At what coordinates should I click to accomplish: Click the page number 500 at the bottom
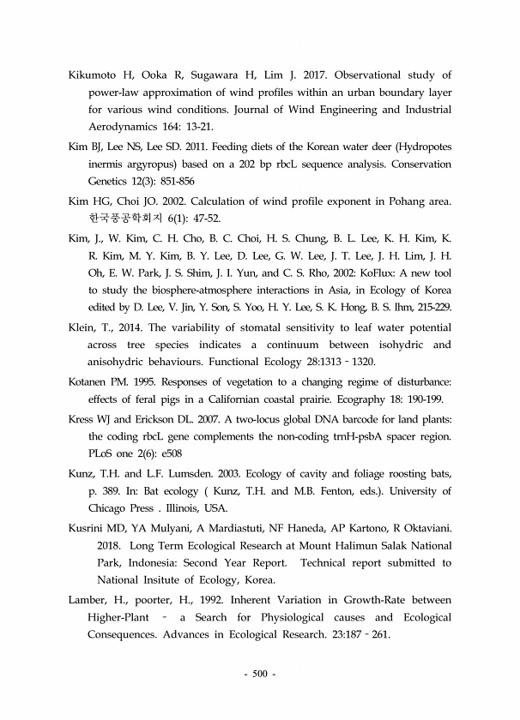pyautogui.click(x=260, y=673)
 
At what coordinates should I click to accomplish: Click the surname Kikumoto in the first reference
pyautogui.click(x=97, y=75)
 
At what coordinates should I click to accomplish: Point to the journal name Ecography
pyautogui.click(x=373, y=399)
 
